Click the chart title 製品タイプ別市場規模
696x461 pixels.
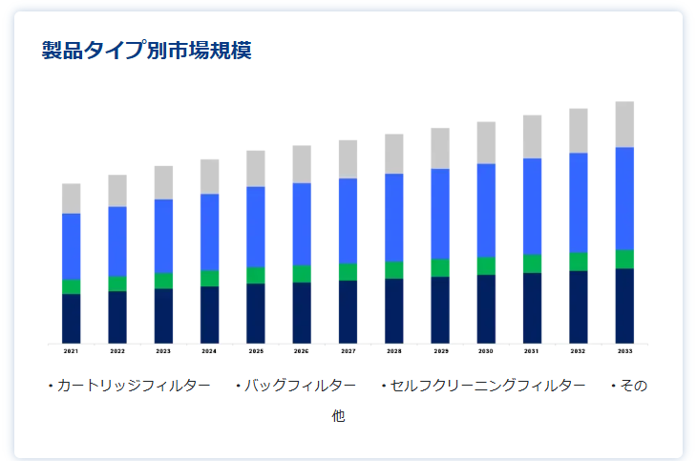point(146,51)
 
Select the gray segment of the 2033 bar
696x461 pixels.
point(624,124)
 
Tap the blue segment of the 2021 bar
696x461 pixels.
point(72,246)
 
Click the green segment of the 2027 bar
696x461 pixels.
point(348,272)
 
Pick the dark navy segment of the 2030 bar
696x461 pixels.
point(486,308)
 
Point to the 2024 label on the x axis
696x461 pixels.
point(209,351)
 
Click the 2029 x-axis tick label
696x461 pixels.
point(440,351)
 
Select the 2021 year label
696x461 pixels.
point(72,351)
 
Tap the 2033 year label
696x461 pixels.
point(624,351)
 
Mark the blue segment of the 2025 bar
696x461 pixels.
point(256,227)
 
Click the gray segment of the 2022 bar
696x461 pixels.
point(117,191)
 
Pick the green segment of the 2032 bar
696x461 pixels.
point(579,262)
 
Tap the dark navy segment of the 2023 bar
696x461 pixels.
point(163,315)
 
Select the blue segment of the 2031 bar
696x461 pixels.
point(532,206)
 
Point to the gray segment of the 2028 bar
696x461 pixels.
point(394,154)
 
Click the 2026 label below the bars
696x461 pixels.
point(302,351)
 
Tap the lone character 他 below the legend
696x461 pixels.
point(338,417)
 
